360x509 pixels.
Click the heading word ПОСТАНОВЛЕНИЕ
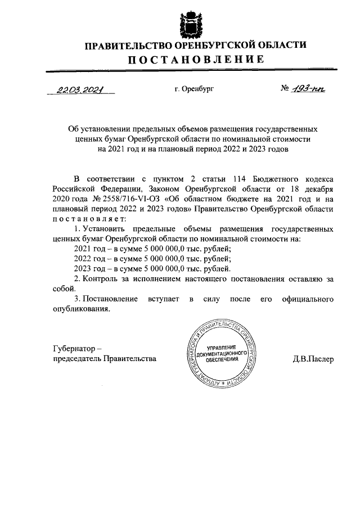tap(195, 60)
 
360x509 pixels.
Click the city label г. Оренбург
tap(195, 89)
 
